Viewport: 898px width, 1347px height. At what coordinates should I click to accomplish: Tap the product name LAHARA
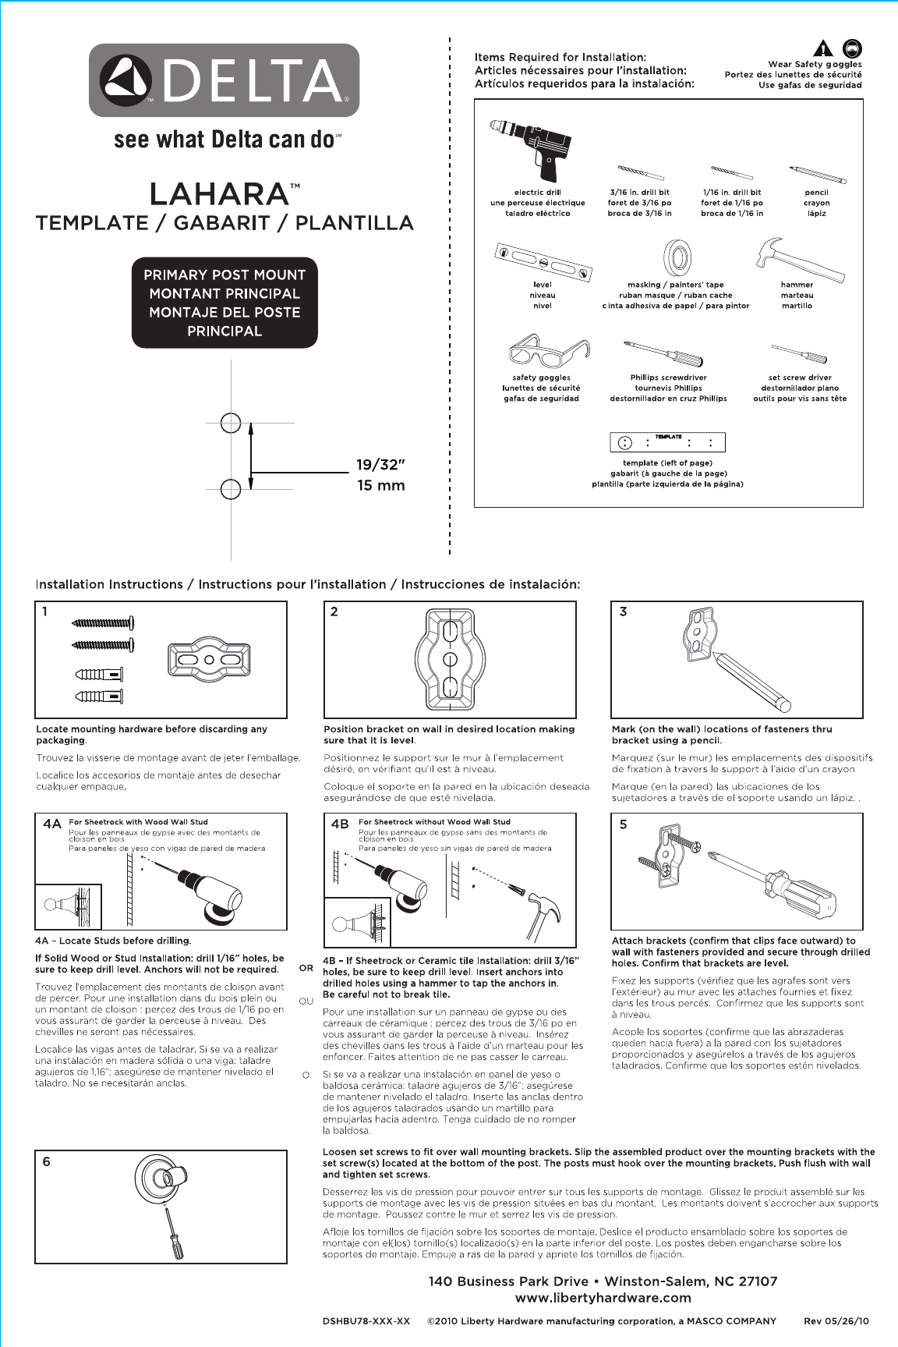point(219,193)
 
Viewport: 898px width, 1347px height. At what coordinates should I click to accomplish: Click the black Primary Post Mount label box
point(224,303)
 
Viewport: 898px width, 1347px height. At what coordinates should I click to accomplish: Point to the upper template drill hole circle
point(231,423)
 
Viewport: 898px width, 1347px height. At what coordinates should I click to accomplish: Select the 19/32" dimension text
point(381,465)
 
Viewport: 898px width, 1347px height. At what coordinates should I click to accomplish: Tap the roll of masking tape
point(677,257)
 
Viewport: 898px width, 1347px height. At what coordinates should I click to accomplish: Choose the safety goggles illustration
point(545,351)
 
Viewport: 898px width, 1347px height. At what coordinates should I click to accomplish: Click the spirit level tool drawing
point(543,261)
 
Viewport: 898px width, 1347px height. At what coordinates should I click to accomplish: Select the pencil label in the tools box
point(816,193)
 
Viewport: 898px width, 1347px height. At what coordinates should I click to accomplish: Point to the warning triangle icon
point(824,48)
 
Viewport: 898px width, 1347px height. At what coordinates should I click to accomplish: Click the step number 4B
point(340,824)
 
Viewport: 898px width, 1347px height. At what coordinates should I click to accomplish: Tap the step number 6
point(47,1161)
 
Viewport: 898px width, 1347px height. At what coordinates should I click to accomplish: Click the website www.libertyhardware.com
point(603,1298)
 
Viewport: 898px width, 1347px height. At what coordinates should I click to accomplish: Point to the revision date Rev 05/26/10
point(836,1321)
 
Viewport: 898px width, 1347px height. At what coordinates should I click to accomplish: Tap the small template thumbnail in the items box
point(667,442)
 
